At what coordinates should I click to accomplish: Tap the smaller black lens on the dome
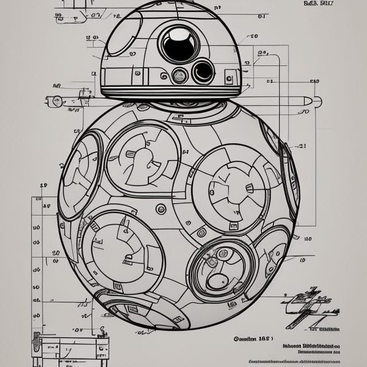coord(203,72)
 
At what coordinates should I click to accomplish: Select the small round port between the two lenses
coord(180,75)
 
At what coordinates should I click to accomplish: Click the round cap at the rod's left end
coord(57,101)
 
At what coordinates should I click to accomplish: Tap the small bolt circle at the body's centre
coord(161,209)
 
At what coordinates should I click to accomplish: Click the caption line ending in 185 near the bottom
coord(256,339)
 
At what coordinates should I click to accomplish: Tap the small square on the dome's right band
coord(229,77)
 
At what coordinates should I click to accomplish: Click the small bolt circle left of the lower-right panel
coord(201,233)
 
